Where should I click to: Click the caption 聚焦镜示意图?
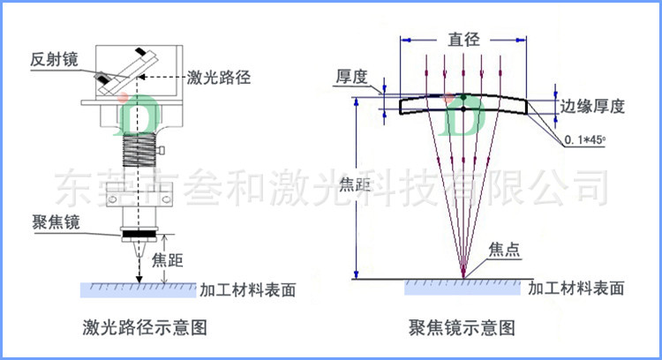coord(461,328)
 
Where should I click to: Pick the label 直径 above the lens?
coord(463,39)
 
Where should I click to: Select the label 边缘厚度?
coord(593,107)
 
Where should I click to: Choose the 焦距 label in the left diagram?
coord(169,259)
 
